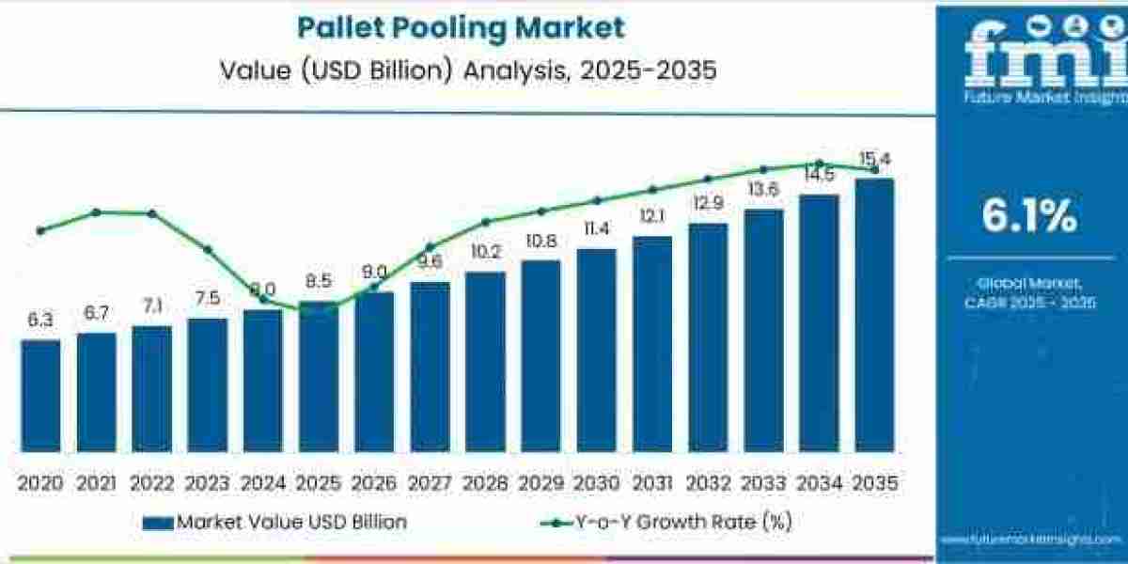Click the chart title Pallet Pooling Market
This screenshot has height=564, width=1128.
pyautogui.click(x=461, y=27)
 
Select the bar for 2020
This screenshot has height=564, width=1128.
pyautogui.click(x=40, y=395)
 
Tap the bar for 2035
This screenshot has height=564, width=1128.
pyautogui.click(x=873, y=315)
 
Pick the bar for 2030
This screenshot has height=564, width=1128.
pyautogui.click(x=596, y=350)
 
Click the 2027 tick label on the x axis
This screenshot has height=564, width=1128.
pyautogui.click(x=429, y=483)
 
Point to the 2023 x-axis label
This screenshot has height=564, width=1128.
pyautogui.click(x=207, y=483)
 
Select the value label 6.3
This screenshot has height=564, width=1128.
pyautogui.click(x=40, y=321)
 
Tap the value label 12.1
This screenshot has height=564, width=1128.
pyautogui.click(x=651, y=216)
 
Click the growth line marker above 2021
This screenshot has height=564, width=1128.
pyautogui.click(x=96, y=212)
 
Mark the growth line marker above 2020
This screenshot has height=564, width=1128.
pyautogui.click(x=40, y=230)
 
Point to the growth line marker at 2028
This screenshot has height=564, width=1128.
pyautogui.click(x=485, y=223)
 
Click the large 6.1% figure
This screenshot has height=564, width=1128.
pyautogui.click(x=1029, y=217)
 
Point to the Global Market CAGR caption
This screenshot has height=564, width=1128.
pyautogui.click(x=1029, y=291)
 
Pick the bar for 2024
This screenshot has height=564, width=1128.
pyautogui.click(x=262, y=380)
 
